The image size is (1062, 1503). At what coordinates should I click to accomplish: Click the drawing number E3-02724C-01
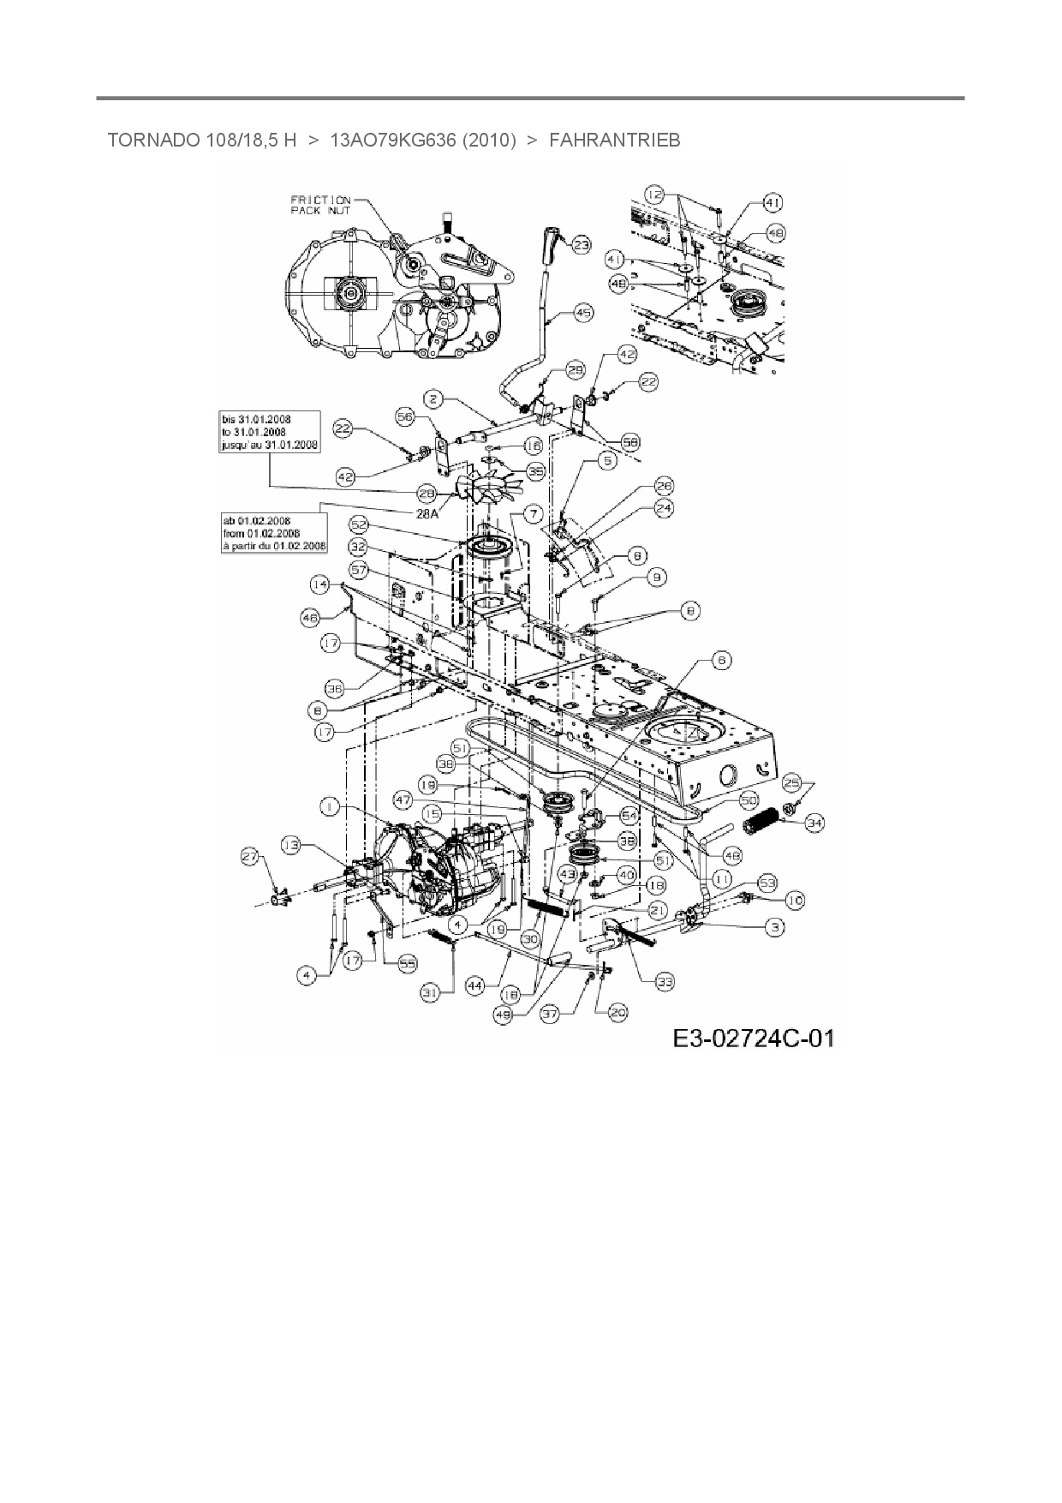click(753, 1039)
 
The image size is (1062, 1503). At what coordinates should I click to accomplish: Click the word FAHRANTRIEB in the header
click(614, 140)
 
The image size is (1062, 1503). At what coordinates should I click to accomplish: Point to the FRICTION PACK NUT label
click(320, 205)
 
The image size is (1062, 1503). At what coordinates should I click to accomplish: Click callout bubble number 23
click(582, 246)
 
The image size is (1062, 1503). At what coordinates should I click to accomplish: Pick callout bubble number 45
click(582, 314)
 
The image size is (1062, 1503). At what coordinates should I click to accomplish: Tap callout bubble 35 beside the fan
click(536, 471)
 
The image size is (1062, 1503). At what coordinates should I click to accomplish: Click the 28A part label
click(427, 513)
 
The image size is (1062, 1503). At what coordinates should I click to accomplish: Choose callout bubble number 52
click(358, 524)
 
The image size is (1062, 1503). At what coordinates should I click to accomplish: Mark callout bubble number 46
click(311, 617)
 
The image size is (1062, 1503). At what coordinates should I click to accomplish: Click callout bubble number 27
click(249, 855)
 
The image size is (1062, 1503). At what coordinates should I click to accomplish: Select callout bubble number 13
click(291, 846)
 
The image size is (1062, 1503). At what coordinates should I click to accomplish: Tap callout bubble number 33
click(664, 982)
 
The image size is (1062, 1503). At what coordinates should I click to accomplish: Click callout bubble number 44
click(474, 986)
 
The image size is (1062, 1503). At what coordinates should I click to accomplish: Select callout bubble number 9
click(656, 578)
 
